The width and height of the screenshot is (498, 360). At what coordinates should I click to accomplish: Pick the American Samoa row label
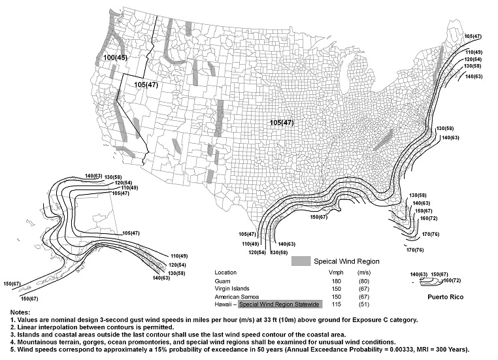click(x=238, y=296)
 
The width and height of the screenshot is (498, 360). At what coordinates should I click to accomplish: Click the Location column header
click(x=227, y=271)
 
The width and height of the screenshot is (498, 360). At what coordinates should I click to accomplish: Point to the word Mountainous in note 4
click(x=36, y=341)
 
